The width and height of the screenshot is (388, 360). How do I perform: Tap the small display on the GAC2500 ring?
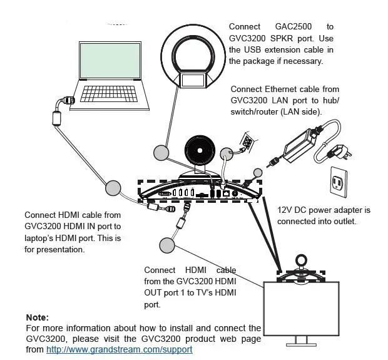pyautogui.click(x=195, y=80)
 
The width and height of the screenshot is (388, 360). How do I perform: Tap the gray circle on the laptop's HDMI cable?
pyautogui.click(x=113, y=187)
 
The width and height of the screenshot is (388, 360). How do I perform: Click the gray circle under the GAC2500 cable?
pyautogui.click(x=161, y=152)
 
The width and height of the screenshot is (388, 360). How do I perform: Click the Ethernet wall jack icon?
pyautogui.click(x=248, y=144)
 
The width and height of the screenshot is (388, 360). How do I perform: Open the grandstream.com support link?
pyautogui.click(x=119, y=349)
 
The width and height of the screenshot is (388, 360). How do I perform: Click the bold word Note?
pyautogui.click(x=37, y=317)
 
